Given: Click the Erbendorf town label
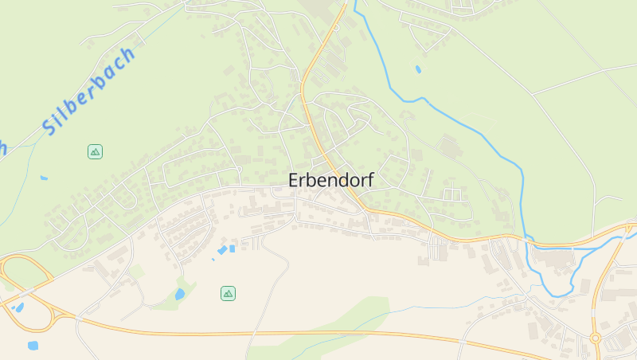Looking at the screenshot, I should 330,180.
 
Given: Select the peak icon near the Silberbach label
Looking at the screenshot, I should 95,151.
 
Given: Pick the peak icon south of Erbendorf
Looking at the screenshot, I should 228,293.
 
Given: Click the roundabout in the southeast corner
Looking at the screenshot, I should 595,338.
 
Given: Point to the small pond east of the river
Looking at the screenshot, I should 419,69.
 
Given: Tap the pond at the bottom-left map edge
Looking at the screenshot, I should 33,346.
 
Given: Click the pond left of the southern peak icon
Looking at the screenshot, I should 180,295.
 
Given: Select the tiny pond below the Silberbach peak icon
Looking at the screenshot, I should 43,178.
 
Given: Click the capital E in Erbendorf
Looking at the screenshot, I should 295,180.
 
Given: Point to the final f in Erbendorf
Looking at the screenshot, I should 369,180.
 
